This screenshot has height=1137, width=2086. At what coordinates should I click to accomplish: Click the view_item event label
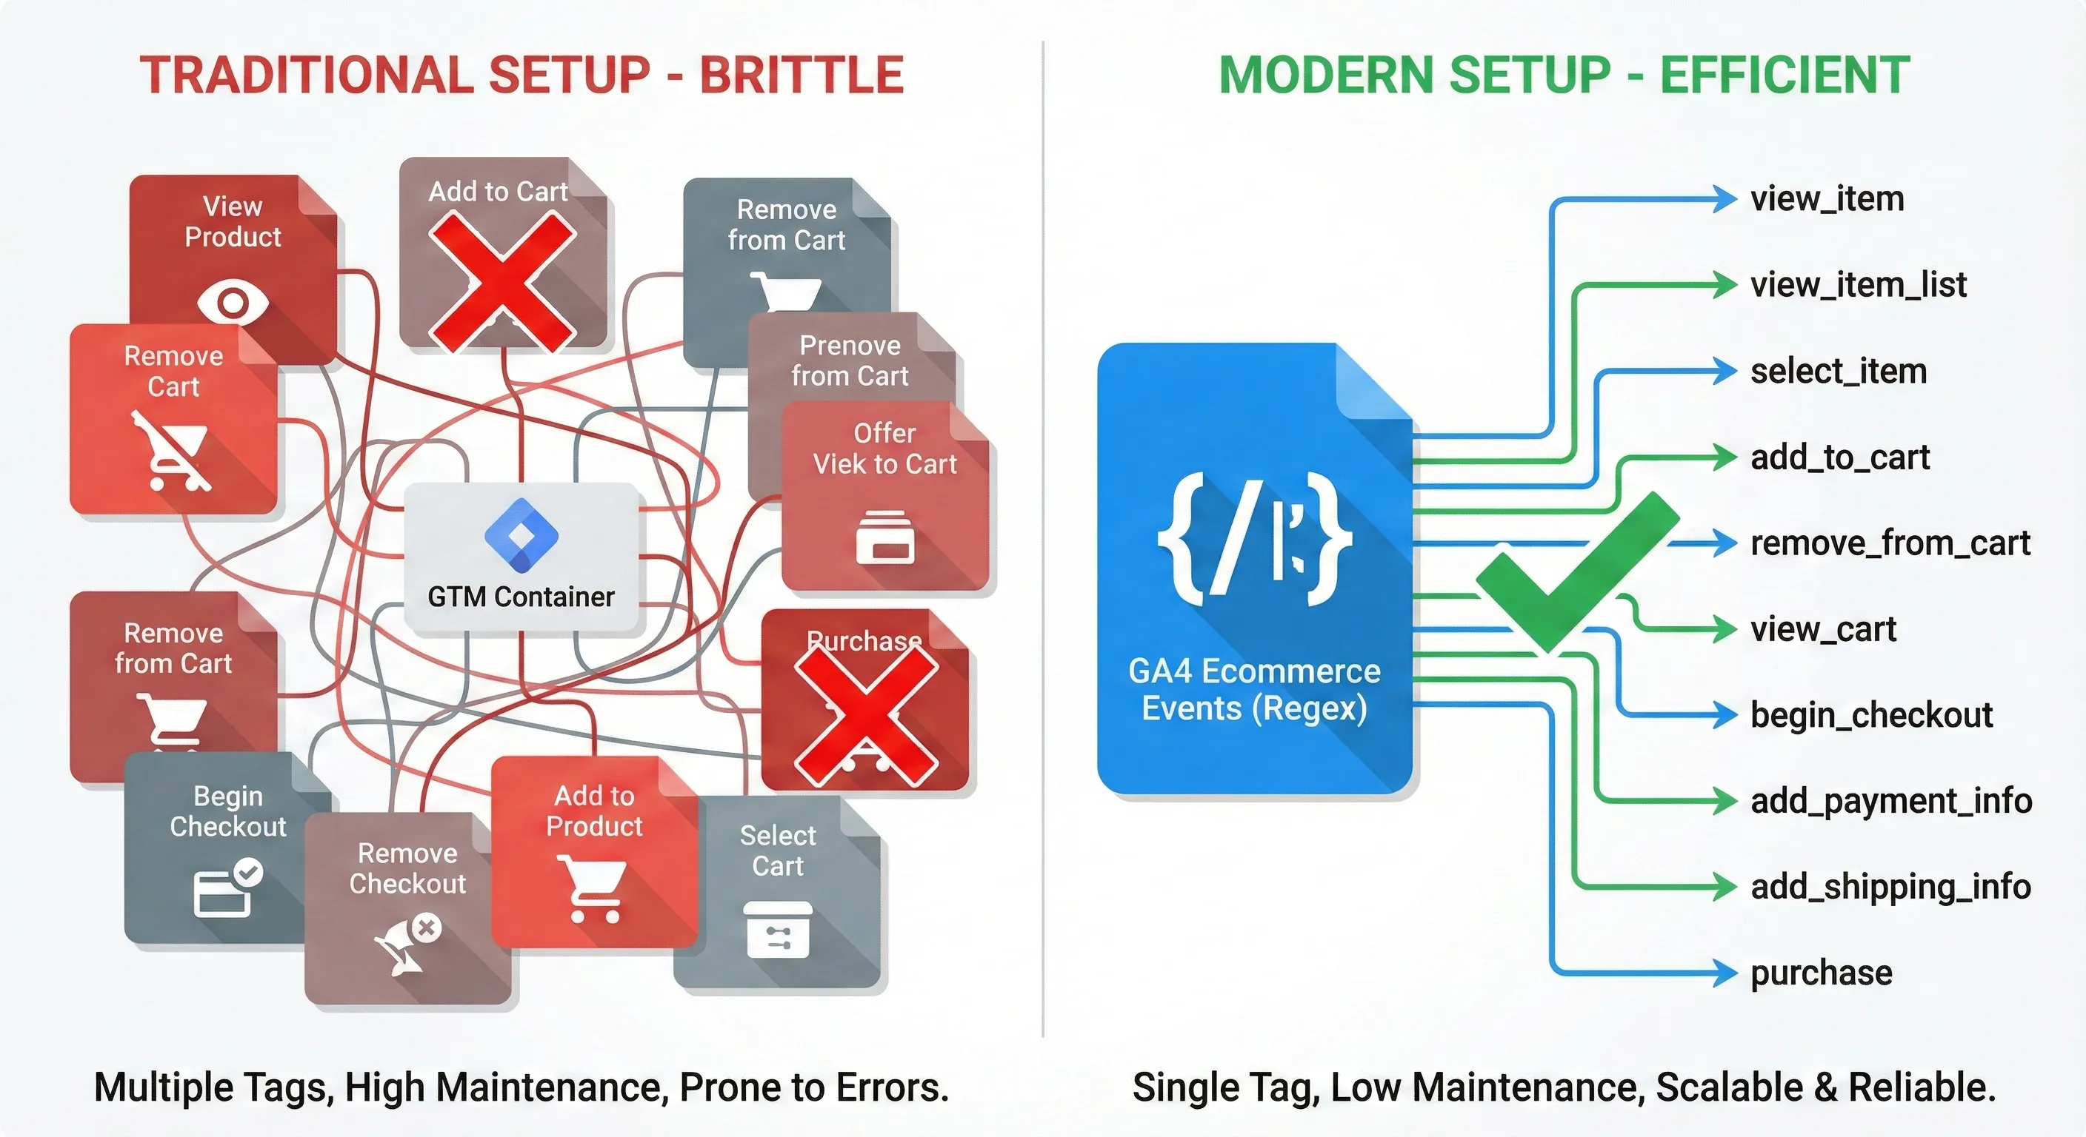tap(1827, 199)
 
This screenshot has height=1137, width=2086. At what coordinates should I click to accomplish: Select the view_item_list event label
tap(1858, 285)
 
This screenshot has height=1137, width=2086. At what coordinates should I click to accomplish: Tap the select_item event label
tap(1838, 372)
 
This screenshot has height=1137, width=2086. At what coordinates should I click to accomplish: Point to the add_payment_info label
tap(1891, 801)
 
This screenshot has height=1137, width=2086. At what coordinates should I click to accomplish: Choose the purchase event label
tap(1822, 973)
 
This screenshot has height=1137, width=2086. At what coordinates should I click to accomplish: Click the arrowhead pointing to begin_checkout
tap(1725, 715)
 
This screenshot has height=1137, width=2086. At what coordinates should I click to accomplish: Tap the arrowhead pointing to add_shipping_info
tap(1725, 887)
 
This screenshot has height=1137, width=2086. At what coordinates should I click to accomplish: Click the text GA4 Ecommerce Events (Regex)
tap(1254, 689)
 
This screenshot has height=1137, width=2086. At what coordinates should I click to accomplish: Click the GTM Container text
tap(521, 597)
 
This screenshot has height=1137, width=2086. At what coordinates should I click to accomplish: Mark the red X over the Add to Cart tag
tap(502, 280)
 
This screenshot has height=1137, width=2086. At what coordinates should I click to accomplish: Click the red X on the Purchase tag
tap(866, 715)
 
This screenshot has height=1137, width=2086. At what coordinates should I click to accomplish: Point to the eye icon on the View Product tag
tap(233, 303)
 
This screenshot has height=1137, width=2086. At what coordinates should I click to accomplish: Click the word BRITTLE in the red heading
tap(801, 76)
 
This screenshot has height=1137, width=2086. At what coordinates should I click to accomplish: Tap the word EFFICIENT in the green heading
tap(1785, 76)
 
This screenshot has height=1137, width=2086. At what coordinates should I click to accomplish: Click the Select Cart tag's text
tap(777, 851)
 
